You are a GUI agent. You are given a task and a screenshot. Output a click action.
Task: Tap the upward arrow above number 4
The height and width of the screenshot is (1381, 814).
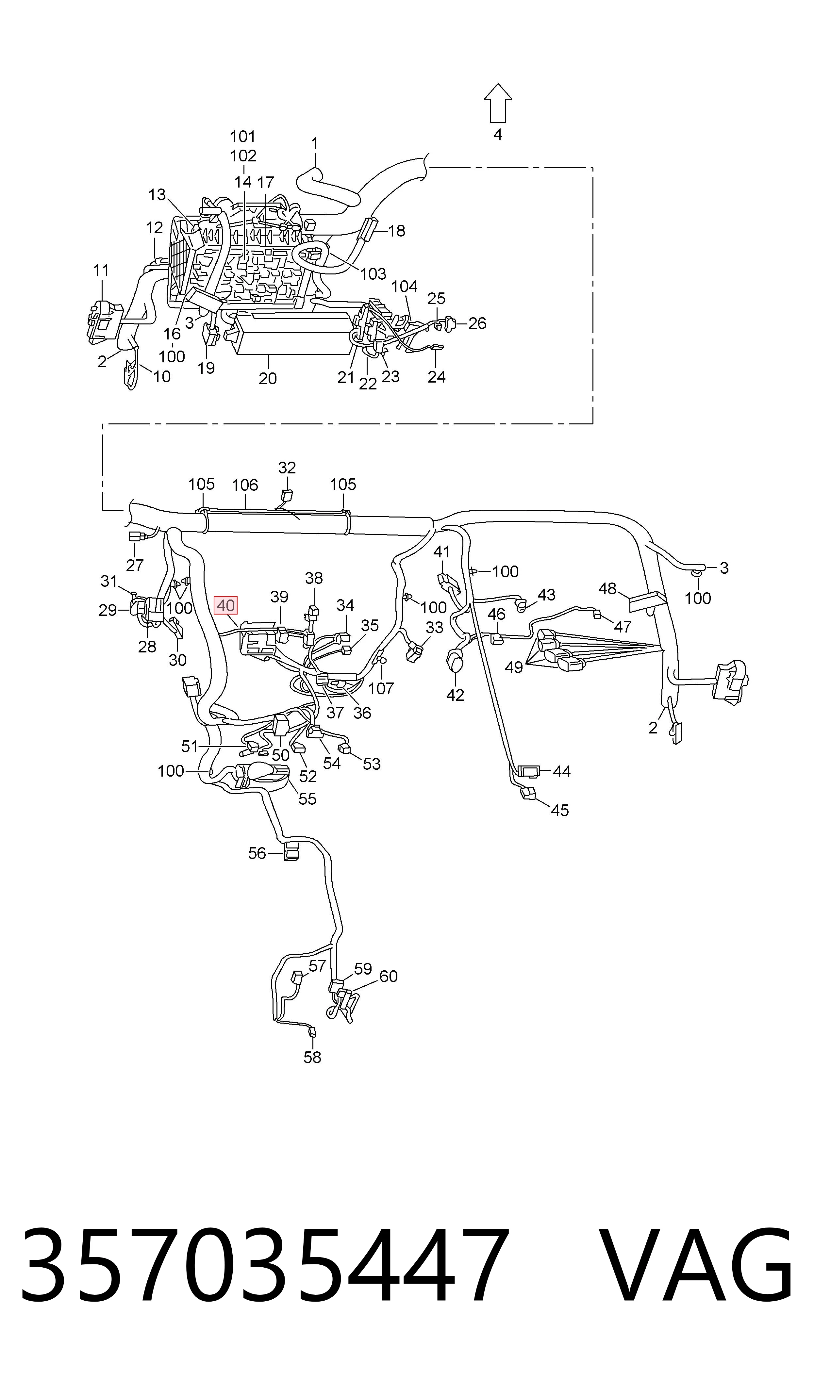coord(497,103)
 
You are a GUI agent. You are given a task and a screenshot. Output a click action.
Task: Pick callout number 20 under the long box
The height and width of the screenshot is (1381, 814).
coord(268,378)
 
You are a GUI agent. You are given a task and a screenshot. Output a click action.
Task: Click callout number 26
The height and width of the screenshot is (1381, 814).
coord(477,323)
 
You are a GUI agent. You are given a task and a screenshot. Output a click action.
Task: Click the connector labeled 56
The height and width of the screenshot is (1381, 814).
coord(291,852)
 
